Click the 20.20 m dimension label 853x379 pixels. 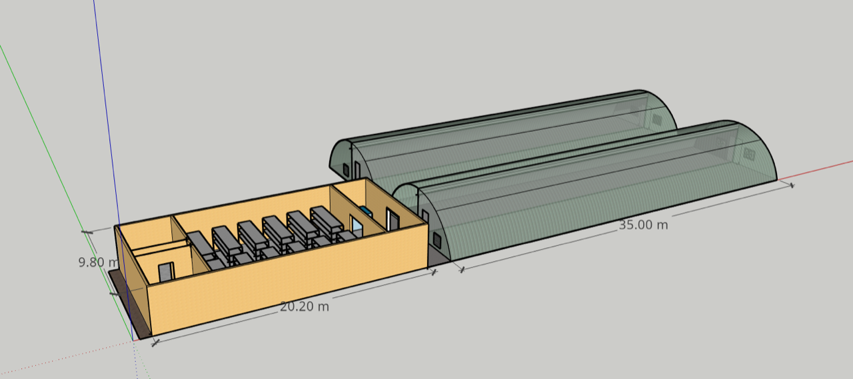305,306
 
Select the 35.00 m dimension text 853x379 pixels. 643,225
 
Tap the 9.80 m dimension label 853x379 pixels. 98,262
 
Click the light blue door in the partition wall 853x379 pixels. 357,224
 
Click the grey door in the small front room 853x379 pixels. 167,272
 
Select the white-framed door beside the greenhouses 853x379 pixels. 393,219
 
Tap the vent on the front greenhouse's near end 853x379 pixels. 436,240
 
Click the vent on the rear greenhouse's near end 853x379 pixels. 346,169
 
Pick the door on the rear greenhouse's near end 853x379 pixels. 357,170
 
